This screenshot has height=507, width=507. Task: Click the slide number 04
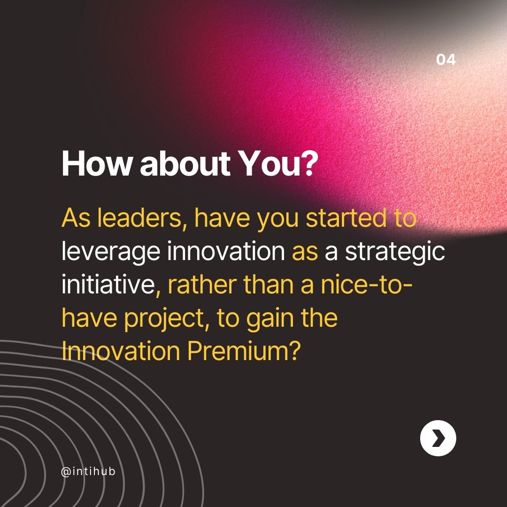point(446,60)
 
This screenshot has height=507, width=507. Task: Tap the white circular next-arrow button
point(438,438)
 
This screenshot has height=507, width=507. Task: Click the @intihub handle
point(88,471)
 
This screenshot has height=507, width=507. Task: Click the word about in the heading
point(186,164)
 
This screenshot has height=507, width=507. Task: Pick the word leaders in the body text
point(141,219)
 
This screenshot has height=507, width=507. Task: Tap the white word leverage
point(111,253)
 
